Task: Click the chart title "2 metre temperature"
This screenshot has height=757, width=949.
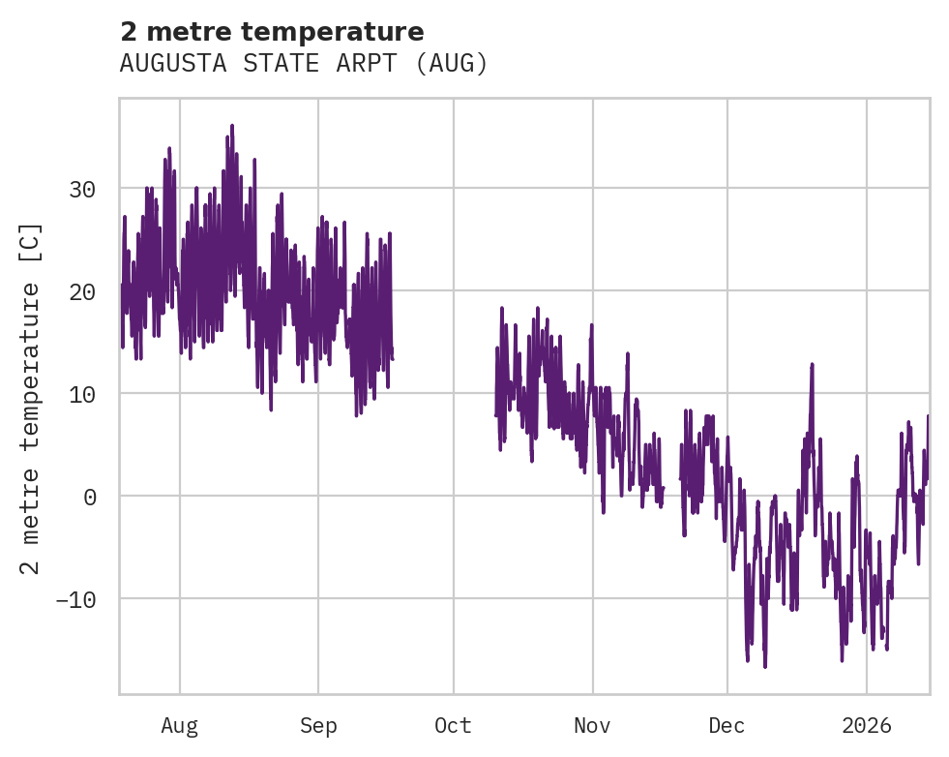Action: (x=272, y=32)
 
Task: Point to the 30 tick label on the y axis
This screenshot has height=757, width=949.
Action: (x=82, y=189)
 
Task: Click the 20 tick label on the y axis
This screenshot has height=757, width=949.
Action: (x=82, y=291)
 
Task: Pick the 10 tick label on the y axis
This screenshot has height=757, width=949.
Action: (x=82, y=394)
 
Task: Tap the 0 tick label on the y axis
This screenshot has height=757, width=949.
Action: (x=89, y=497)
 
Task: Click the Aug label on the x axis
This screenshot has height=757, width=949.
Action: (x=180, y=725)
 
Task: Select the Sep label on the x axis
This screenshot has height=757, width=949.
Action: (x=318, y=725)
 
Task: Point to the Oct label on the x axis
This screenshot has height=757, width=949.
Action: (x=453, y=725)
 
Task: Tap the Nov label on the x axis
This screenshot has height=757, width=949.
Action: (x=592, y=725)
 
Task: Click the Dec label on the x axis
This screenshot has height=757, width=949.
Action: (x=727, y=725)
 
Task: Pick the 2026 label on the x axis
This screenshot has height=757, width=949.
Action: (x=867, y=725)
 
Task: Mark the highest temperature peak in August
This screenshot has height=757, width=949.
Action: (x=232, y=126)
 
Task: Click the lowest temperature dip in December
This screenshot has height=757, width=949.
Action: (x=764, y=666)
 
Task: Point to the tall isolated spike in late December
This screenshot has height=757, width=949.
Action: (x=812, y=365)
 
